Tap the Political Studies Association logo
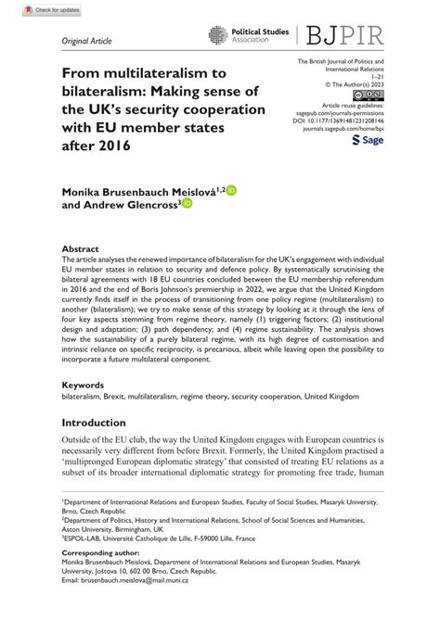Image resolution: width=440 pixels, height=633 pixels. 245,35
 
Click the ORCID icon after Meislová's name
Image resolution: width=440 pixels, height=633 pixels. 232,190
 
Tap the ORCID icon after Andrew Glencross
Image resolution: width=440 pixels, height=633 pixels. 187,204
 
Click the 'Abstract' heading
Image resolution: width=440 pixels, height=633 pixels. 81,249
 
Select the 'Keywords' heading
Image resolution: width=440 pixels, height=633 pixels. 84,410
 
